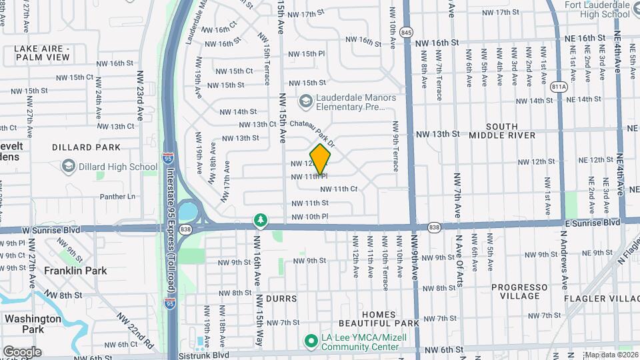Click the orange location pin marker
click(x=321, y=159)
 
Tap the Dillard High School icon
click(x=68, y=167)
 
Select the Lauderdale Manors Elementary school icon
click(x=306, y=101)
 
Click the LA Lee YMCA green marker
click(x=310, y=341)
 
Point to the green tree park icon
click(x=260, y=220)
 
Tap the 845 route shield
click(x=407, y=31)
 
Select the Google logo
click(x=22, y=351)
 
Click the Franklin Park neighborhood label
click(x=75, y=271)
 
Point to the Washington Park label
click(x=33, y=323)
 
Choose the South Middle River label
click(x=511, y=131)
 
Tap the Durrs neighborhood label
click(x=281, y=299)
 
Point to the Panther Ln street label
click(x=117, y=197)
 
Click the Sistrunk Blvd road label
click(x=203, y=355)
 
